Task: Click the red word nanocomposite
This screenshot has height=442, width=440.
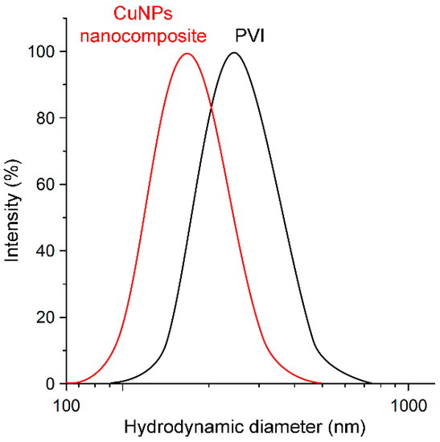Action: [154, 35]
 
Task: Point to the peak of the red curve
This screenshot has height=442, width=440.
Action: [187, 54]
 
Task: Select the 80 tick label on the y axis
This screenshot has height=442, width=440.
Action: [47, 118]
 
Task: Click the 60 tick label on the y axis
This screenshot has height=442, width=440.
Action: [47, 185]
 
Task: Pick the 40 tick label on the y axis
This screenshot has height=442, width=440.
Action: [47, 251]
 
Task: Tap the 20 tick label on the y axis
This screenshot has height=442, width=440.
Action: [47, 317]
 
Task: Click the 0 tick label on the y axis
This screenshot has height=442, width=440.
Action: [51, 384]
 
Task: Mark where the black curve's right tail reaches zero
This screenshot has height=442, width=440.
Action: [372, 383]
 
